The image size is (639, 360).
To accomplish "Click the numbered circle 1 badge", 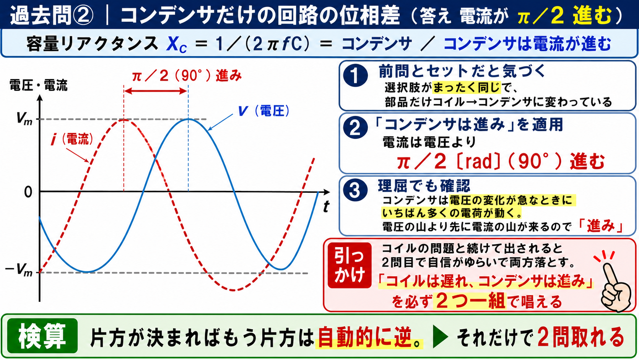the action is (355, 75).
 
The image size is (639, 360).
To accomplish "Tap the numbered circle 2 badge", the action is (355, 128).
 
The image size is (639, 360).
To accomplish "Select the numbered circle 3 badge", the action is (355, 189).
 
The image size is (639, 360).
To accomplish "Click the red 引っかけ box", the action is (350, 265).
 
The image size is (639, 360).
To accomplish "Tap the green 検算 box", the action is (42, 336).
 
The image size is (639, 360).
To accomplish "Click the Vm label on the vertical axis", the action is (24, 118).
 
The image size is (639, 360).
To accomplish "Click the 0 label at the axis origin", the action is (28, 192).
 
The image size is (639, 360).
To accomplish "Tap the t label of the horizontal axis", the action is (326, 206).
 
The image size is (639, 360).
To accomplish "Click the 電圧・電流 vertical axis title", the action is (39, 85).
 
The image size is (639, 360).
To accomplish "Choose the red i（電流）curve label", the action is (72, 140).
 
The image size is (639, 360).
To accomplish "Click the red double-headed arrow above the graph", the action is (156, 91).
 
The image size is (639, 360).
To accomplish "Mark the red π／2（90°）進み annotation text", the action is (187, 76).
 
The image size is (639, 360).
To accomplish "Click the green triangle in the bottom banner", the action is (440, 337).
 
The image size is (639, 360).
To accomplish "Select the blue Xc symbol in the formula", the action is (177, 44).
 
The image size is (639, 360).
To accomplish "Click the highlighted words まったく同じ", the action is (467, 88).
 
